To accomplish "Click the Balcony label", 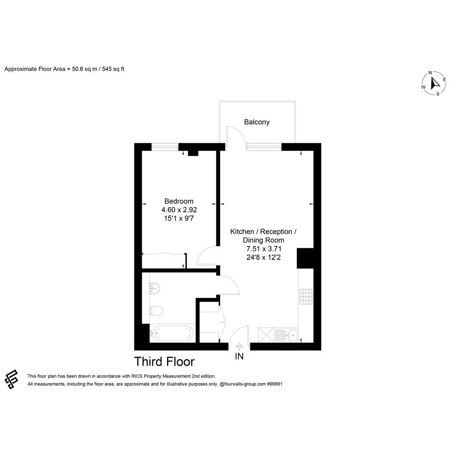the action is (257, 122).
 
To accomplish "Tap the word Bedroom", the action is (179, 201).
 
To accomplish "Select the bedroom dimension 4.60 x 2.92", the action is (179, 209).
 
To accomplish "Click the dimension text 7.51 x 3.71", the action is (263, 249).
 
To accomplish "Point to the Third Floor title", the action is (164, 362).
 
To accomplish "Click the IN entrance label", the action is (239, 356).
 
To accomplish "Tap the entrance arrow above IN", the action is (239, 347).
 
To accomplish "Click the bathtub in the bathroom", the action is (172, 333).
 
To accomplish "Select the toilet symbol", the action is (156, 311).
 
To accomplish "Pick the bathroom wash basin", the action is (155, 288).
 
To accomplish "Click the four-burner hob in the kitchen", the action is (306, 296).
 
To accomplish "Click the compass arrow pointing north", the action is (435, 83).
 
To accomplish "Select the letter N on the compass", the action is (430, 73).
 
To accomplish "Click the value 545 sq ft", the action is (113, 69).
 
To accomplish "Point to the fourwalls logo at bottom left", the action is (12, 380).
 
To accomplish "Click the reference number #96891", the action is (275, 384).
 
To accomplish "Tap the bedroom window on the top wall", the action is (165, 147).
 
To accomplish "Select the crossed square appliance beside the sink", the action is (266, 335).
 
